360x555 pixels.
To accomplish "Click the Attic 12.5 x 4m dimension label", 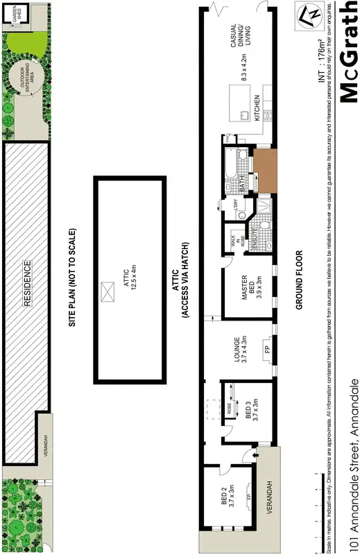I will (130, 277).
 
